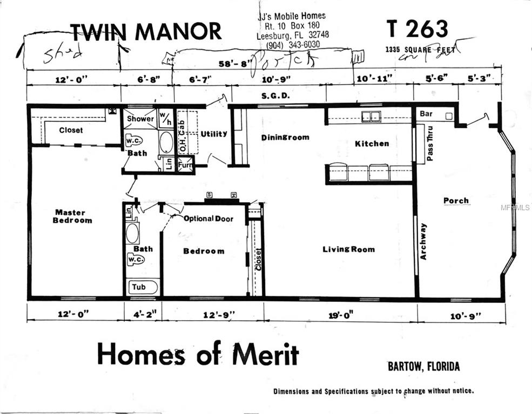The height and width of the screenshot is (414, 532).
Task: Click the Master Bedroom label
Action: (x=72, y=216)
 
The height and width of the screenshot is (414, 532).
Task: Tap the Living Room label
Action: (x=348, y=249)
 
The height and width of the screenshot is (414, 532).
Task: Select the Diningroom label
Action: (x=285, y=137)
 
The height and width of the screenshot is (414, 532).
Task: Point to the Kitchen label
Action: (x=372, y=143)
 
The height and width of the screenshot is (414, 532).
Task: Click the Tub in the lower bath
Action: (x=139, y=287)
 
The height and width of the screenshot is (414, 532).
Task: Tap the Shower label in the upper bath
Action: (x=140, y=119)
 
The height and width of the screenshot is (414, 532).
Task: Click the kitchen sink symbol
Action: (x=371, y=116)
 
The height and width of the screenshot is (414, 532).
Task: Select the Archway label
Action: (x=423, y=241)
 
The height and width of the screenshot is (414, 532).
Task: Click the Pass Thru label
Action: (x=430, y=144)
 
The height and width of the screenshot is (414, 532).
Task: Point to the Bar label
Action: (x=426, y=114)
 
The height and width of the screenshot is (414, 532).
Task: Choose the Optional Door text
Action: (x=208, y=219)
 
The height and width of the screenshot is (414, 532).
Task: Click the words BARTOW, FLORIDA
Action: (x=423, y=367)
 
